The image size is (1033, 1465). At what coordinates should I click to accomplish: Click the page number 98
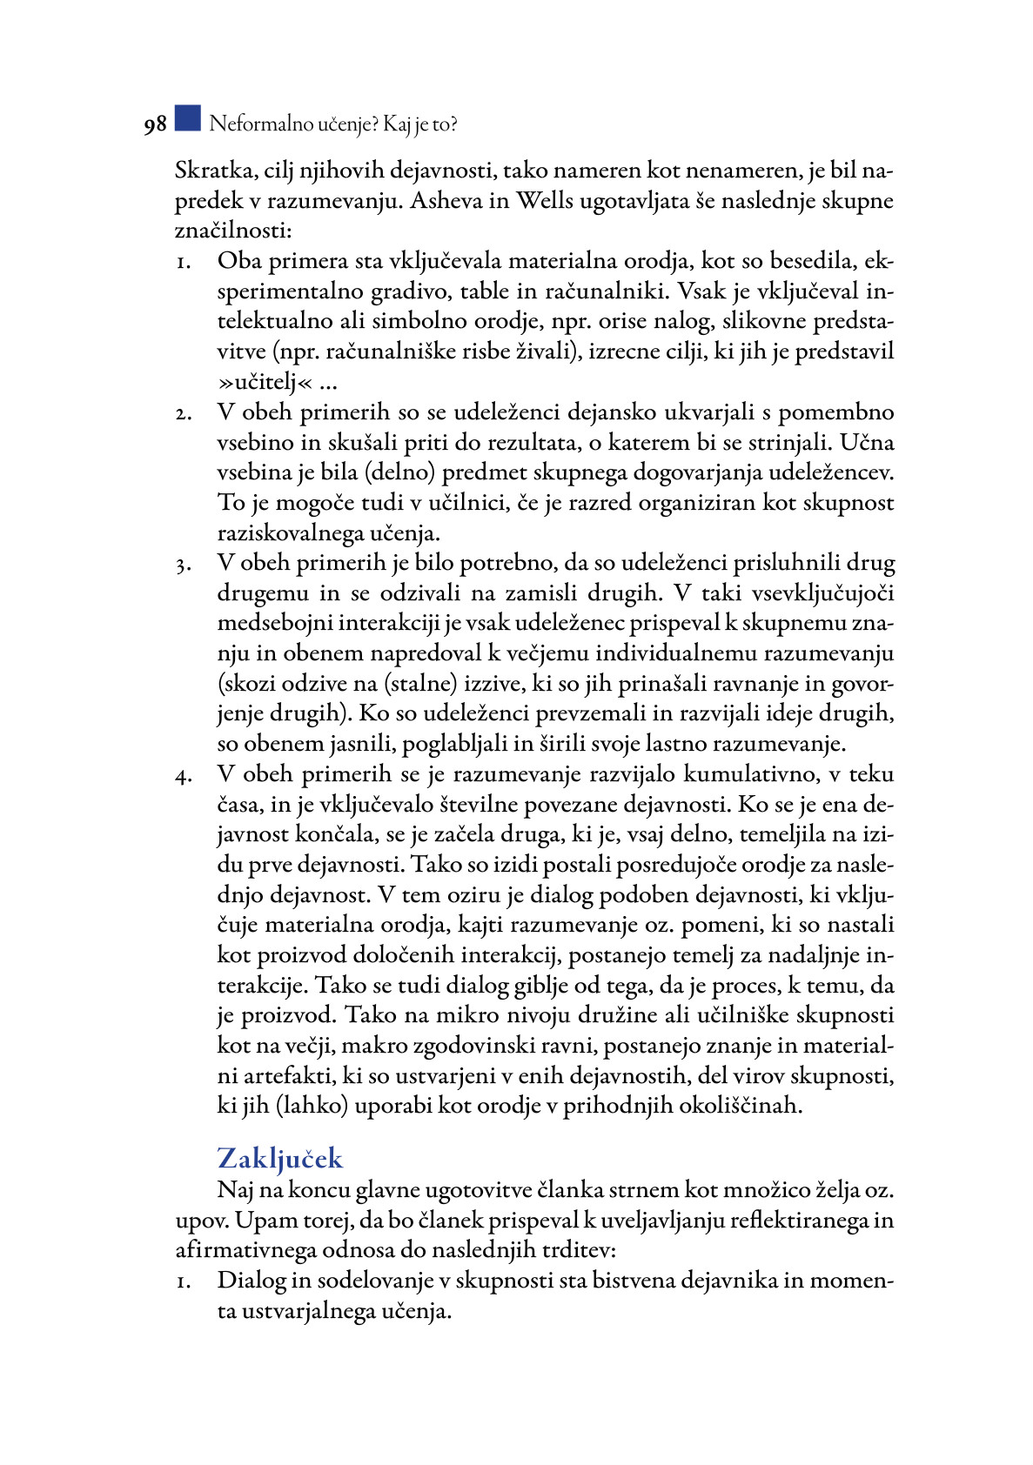pyautogui.click(x=155, y=125)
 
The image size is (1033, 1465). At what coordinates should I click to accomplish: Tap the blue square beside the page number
pyautogui.click(x=187, y=118)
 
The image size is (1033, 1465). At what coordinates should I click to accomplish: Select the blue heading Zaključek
pyautogui.click(x=279, y=1159)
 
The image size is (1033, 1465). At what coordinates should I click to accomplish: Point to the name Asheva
pyautogui.click(x=446, y=201)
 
